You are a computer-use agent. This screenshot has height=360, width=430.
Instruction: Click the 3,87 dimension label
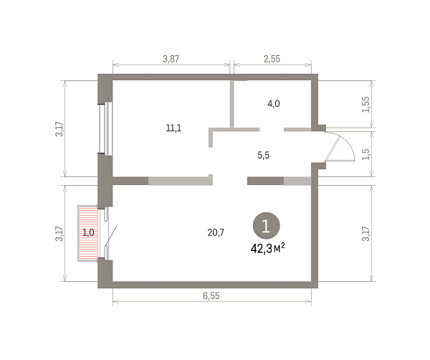[171, 59]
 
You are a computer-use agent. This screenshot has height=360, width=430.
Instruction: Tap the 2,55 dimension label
[272, 59]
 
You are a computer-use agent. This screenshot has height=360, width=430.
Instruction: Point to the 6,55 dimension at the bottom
[211, 295]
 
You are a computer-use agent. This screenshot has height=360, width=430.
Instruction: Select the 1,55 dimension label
[366, 105]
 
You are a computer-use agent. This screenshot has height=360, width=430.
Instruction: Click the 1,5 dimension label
[366, 154]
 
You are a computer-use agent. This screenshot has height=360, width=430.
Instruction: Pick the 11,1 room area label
[173, 128]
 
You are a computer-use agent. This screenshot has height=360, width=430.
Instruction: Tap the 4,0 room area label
[274, 104]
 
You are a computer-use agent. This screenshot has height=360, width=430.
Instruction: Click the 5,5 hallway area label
[264, 156]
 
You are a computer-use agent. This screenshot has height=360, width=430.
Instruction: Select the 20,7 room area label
[216, 232]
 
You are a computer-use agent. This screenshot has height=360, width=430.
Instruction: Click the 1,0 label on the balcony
[88, 233]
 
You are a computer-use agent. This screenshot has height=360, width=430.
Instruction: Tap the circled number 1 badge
[267, 226]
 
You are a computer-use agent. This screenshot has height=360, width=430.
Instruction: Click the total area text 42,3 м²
[267, 249]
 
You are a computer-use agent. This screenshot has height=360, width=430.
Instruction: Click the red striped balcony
[87, 233]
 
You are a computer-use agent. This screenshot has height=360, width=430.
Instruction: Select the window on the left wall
[106, 128]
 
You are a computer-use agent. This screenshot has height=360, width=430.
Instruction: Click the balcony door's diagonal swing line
[112, 235]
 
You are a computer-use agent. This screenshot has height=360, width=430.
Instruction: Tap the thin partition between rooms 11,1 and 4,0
[232, 104]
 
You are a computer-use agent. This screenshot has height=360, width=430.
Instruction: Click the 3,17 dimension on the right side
[366, 234]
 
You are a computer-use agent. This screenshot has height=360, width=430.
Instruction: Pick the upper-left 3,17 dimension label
[59, 129]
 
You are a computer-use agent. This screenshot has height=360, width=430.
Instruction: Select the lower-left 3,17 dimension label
[59, 234]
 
